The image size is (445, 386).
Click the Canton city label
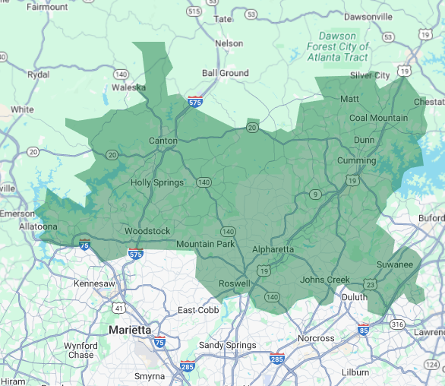coord(163,141)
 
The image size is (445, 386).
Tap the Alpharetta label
coord(273,249)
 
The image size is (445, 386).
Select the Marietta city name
coord(129,330)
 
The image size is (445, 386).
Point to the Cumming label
coord(356,160)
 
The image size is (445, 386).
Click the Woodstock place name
coord(147,231)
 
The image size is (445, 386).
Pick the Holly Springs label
coord(157,182)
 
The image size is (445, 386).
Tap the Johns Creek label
coord(325,280)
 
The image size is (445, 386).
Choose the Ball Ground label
coord(225,73)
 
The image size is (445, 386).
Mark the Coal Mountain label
coord(378,118)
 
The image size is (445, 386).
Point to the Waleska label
coord(128,87)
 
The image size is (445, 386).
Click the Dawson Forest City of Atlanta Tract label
coord(338,46)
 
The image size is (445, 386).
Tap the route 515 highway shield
coord(194,11)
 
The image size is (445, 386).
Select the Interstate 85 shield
coord(364,331)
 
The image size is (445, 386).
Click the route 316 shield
coord(398,324)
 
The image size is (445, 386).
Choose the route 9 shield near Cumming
coord(315,195)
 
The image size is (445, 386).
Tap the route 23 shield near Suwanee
coord(370,283)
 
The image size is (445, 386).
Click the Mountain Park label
coord(207,244)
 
